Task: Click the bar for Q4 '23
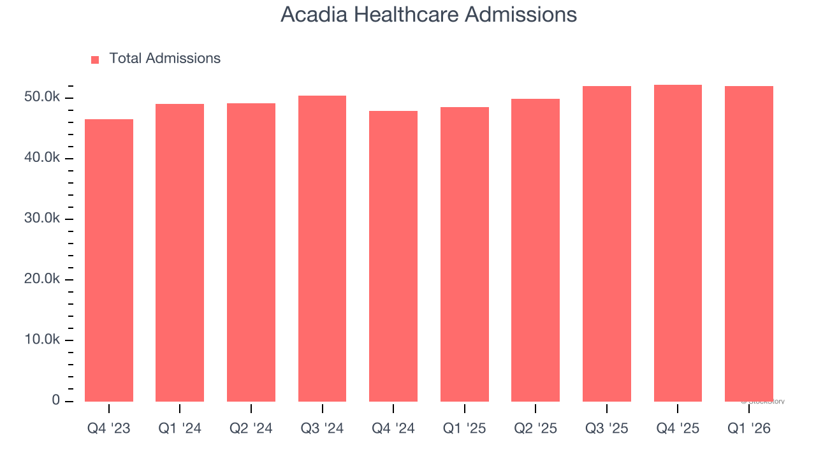(109, 260)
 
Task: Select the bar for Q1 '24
(180, 252)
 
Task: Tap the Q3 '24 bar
(322, 249)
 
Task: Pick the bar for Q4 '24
(393, 256)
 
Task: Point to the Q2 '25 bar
(535, 250)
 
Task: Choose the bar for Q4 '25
(678, 243)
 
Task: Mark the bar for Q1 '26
(749, 244)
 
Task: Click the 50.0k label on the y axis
(39, 98)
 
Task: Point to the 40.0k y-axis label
(39, 158)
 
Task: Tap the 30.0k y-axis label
(39, 219)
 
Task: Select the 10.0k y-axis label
(39, 340)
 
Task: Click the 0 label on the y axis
(55, 400)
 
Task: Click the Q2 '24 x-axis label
(251, 428)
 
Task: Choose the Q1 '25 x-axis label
(465, 428)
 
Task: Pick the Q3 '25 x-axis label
(607, 428)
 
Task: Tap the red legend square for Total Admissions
(95, 59)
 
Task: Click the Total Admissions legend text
(164, 59)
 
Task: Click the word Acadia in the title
(312, 15)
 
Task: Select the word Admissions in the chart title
(520, 15)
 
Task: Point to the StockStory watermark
(763, 402)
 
